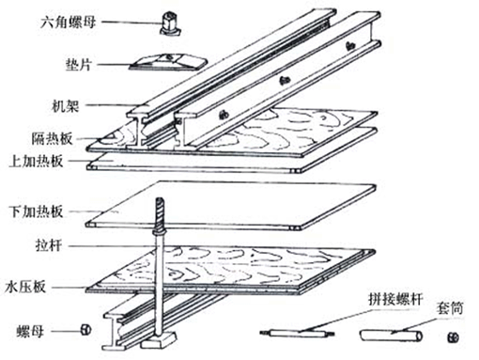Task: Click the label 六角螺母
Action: point(68,23)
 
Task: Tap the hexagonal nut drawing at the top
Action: point(171,23)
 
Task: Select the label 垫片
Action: point(78,65)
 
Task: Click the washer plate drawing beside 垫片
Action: point(168,62)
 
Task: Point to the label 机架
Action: point(65,106)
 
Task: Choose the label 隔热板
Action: point(52,138)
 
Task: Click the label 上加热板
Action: point(37,161)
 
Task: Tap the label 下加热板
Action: point(37,211)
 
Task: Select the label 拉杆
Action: point(49,245)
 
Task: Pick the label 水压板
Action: point(25,287)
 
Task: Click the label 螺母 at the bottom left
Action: point(30,332)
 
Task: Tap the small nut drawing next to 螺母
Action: point(85,330)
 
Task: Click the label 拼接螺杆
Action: point(395,299)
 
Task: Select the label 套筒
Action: point(450,308)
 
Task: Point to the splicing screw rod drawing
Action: point(297,333)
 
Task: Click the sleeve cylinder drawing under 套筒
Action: point(391,336)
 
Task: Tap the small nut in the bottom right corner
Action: point(453,337)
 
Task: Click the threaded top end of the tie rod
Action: point(160,213)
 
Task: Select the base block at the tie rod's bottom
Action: point(158,340)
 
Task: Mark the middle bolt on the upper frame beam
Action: point(285,81)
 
